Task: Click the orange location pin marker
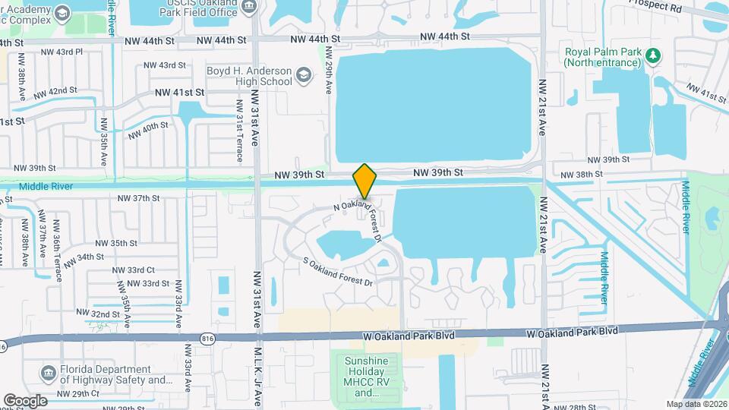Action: click(365, 181)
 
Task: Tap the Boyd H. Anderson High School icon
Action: click(304, 75)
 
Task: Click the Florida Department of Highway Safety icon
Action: click(49, 373)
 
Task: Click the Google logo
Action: click(24, 400)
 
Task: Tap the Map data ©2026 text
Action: click(696, 404)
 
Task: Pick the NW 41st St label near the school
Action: click(180, 92)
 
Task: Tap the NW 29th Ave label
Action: click(328, 70)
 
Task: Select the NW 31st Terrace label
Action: click(239, 131)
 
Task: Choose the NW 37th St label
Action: click(139, 198)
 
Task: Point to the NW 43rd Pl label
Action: click(62, 52)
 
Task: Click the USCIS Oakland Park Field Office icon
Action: click(249, 10)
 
